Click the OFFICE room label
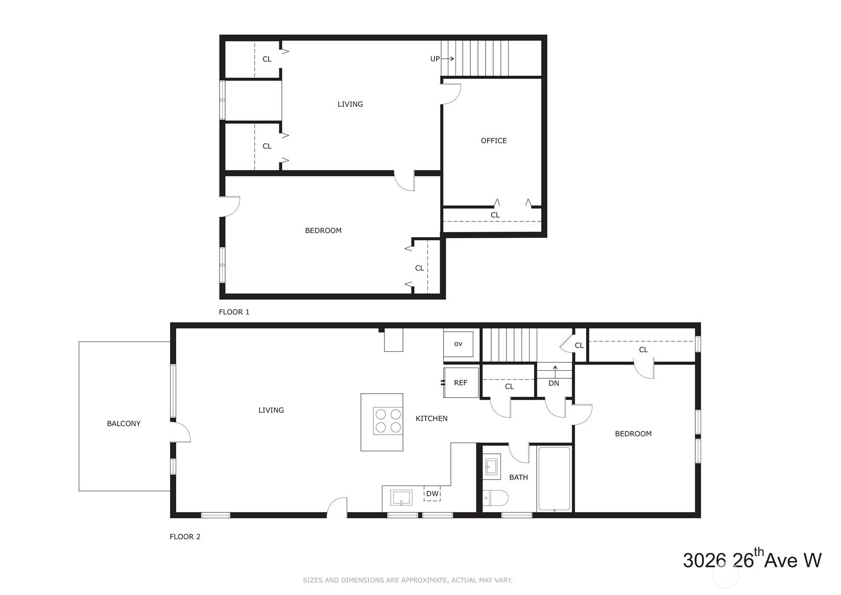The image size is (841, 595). point(494,141)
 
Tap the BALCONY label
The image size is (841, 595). point(124,424)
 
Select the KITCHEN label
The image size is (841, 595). point(431,418)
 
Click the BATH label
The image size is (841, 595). point(518,477)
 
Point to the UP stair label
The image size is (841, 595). point(435,59)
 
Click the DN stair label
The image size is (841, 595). point(554,383)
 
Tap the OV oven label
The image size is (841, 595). point(458,344)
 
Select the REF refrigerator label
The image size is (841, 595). point(461,383)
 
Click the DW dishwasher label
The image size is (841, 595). point(432,493)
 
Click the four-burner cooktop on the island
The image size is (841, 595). point(388,421)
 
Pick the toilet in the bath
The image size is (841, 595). point(495,498)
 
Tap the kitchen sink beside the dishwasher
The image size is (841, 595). point(401,498)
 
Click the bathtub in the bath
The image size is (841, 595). point(554,478)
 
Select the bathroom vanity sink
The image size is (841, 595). point(491,467)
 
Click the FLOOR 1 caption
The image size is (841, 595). point(234,312)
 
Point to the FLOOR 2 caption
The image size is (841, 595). point(185,537)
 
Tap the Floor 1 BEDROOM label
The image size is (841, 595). point(323,231)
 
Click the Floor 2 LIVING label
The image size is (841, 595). point(271,410)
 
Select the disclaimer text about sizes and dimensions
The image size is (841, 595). point(407,580)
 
